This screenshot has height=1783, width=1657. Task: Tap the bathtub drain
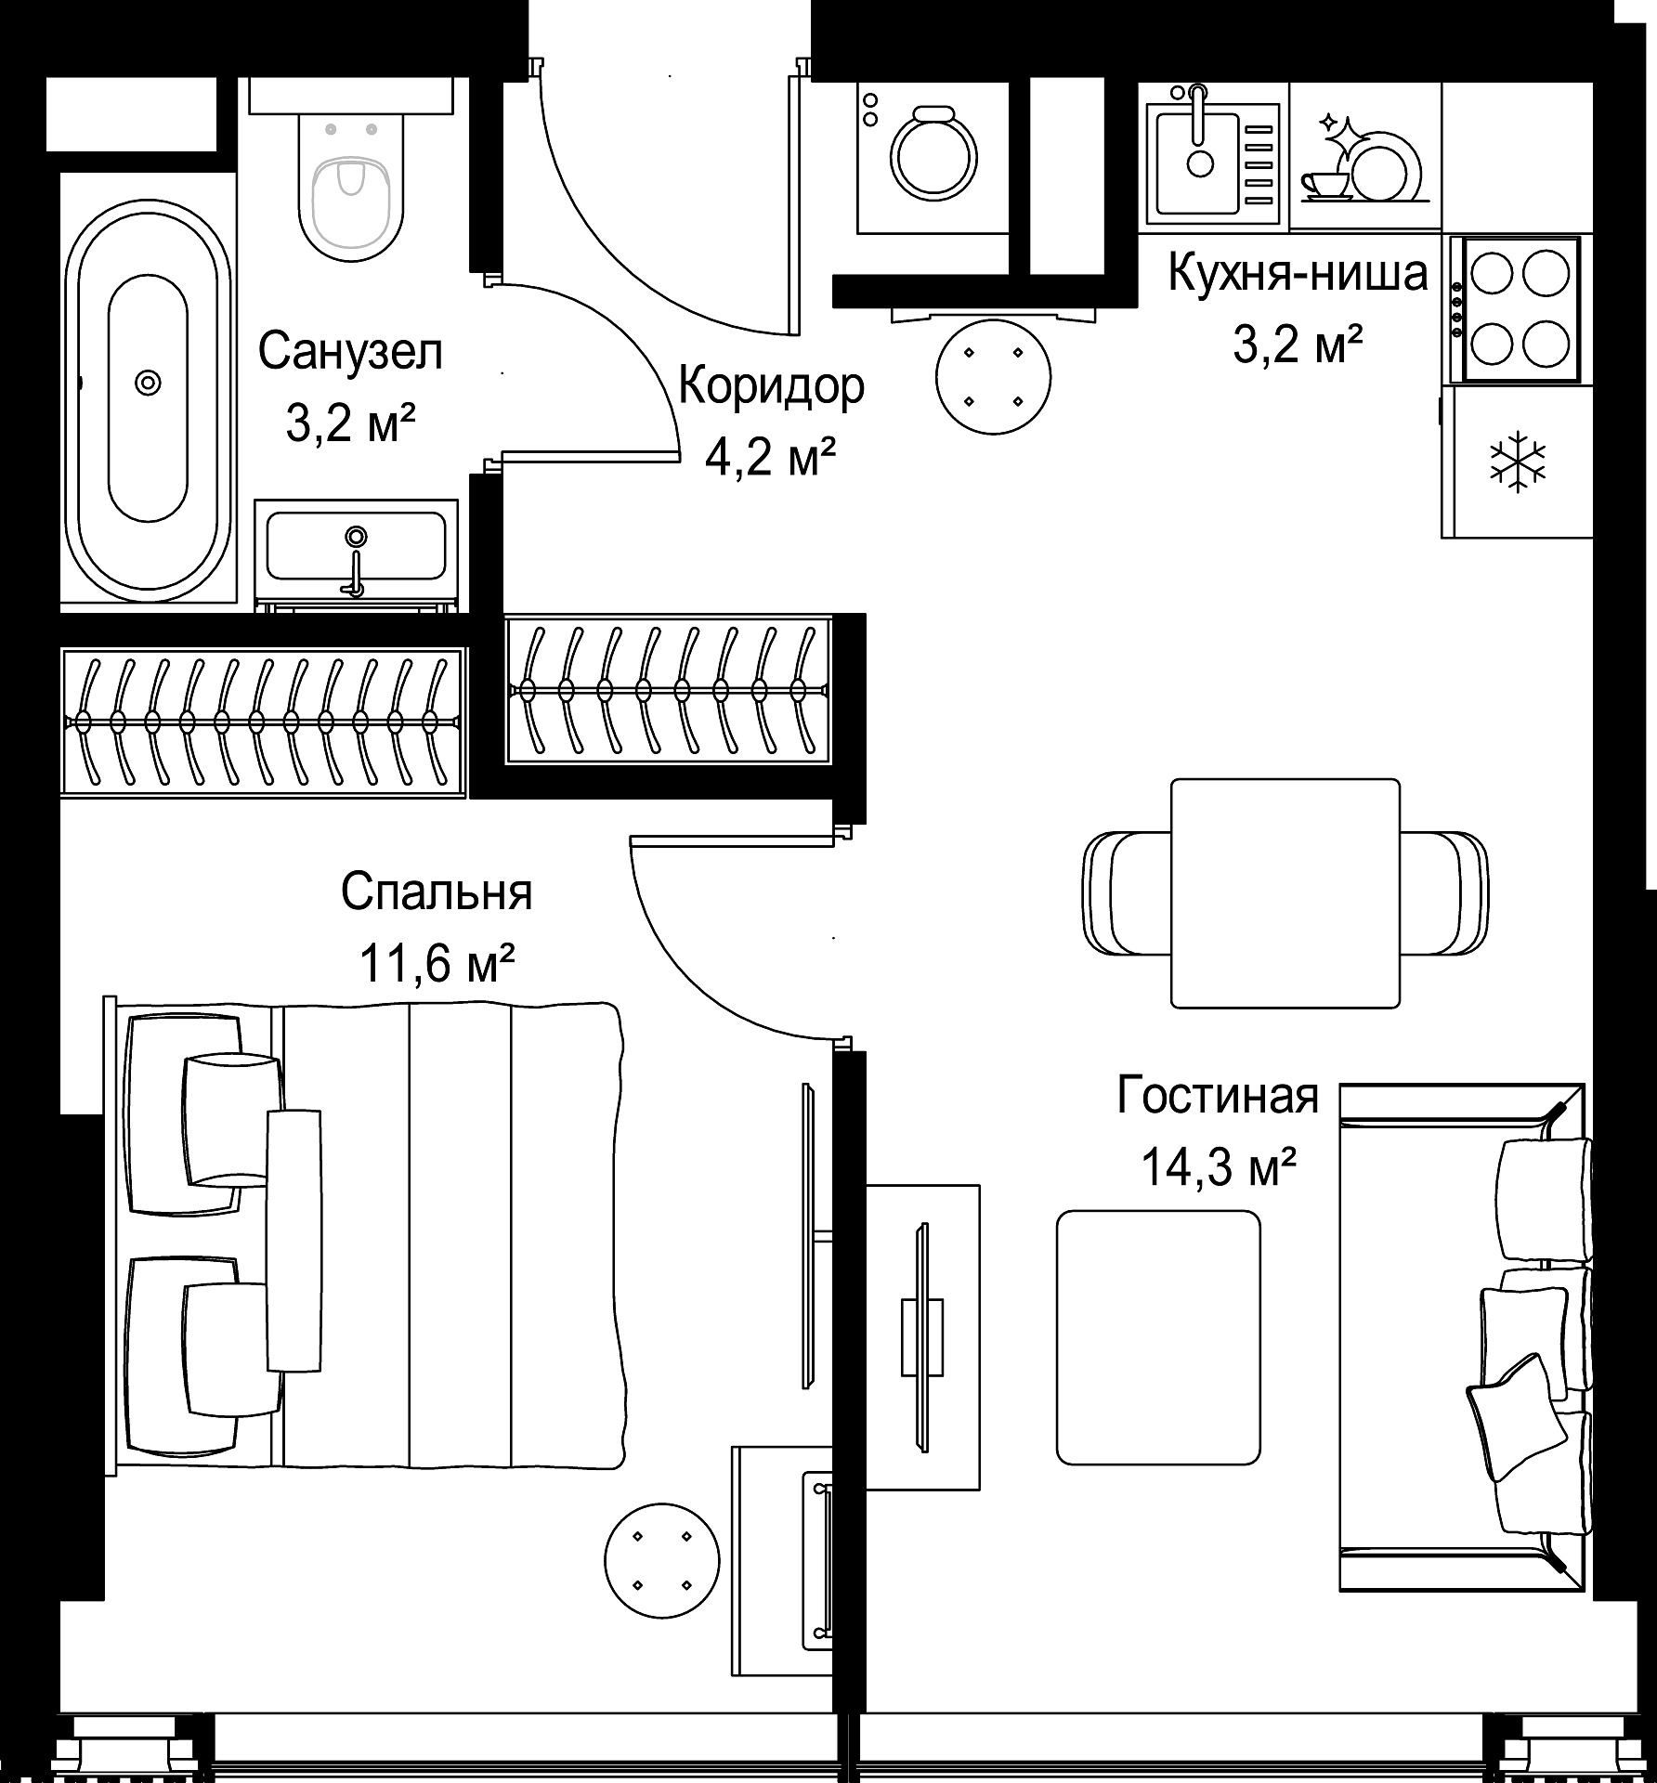(x=148, y=382)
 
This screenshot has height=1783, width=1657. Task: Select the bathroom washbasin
(x=356, y=554)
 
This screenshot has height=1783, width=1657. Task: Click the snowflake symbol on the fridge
(x=1518, y=461)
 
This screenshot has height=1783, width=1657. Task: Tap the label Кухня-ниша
(x=1298, y=273)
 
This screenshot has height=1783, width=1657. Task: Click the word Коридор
(x=772, y=386)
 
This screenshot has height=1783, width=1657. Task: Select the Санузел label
(x=350, y=352)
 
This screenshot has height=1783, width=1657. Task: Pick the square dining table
(x=1285, y=893)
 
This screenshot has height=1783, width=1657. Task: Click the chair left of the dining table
(x=1128, y=892)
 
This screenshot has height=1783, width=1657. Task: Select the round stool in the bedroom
(x=661, y=1561)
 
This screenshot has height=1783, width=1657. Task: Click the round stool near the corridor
(x=993, y=377)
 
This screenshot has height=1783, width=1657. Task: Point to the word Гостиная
(x=1218, y=1095)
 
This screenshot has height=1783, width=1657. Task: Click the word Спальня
(x=437, y=893)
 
